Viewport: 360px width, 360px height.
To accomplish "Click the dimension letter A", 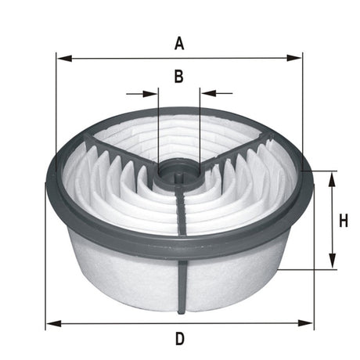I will (x=179, y=44).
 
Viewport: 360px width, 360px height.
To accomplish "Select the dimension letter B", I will (x=178, y=76).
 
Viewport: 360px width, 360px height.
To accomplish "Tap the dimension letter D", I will (x=179, y=339).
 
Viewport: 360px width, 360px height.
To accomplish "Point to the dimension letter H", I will (x=343, y=221).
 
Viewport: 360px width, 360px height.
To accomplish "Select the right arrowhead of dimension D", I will (x=307, y=322).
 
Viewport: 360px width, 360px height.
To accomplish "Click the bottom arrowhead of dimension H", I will (x=332, y=264).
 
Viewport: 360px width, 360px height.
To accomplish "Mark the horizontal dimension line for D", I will (x=117, y=322).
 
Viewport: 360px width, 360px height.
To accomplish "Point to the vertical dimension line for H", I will (x=332, y=235).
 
